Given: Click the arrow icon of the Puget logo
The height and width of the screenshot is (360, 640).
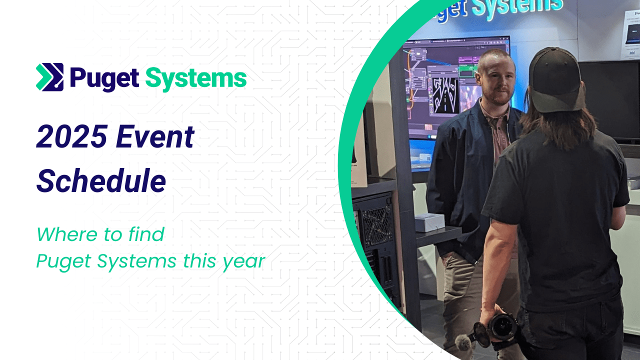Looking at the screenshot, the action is click(x=49, y=77).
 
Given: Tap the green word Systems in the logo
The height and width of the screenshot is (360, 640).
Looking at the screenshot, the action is click(x=196, y=79).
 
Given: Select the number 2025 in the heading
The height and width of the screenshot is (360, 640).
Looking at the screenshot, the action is click(x=72, y=136).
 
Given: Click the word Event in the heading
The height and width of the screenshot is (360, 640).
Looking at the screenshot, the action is click(x=155, y=136).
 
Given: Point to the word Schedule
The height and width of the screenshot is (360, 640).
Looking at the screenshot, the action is click(x=101, y=181).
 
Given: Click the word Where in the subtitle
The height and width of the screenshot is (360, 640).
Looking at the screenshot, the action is click(x=67, y=234).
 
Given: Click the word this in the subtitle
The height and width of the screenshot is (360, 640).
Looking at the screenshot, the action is click(x=199, y=261).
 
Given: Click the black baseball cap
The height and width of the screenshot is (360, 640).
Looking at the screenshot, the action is click(x=555, y=79).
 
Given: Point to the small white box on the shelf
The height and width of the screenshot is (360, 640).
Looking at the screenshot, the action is click(x=429, y=222).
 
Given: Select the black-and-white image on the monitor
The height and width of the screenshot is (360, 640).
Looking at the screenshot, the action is click(x=445, y=95).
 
